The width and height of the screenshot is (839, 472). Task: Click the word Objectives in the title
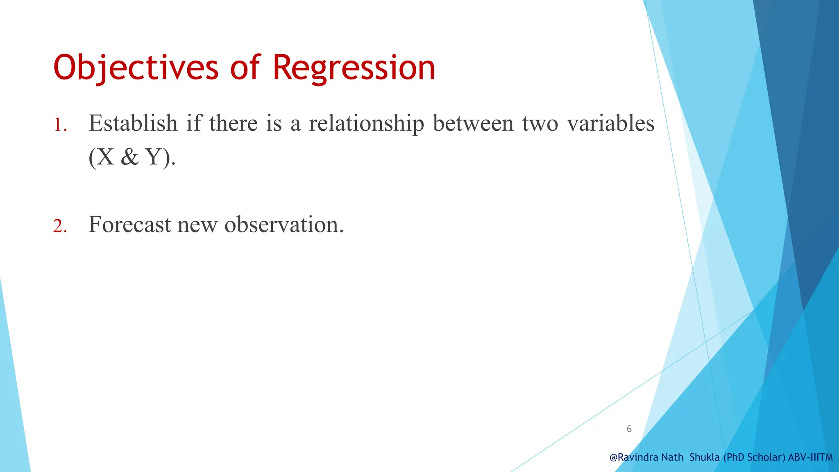(136, 68)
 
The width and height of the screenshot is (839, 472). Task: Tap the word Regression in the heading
(354, 68)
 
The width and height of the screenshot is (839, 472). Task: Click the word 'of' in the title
(245, 68)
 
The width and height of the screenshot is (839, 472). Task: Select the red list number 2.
(59, 226)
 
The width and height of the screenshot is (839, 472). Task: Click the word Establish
(133, 123)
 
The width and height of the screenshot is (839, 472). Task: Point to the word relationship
(366, 124)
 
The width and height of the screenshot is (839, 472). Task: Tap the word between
(473, 123)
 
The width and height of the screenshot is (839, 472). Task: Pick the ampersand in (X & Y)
(130, 157)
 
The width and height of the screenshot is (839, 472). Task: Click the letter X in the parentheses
(106, 157)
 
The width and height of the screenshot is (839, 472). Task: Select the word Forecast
(129, 225)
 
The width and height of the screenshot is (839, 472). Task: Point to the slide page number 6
(629, 429)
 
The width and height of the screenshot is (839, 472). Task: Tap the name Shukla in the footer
(705, 457)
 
